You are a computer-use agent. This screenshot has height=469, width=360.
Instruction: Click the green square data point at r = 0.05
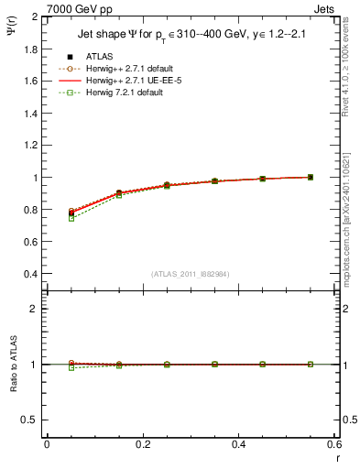pos(71,218)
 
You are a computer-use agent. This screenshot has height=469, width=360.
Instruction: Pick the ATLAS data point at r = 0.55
pos(311,177)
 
